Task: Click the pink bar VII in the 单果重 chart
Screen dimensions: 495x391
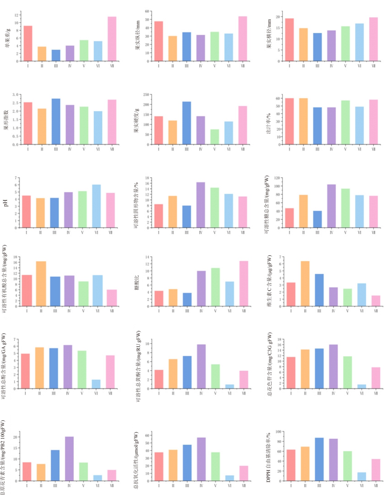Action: [x=112, y=39]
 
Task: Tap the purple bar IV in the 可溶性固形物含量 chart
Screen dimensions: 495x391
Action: [x=201, y=205]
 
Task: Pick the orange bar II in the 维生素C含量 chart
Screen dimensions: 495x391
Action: [x=305, y=284]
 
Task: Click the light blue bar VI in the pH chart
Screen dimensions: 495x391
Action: [x=96, y=206]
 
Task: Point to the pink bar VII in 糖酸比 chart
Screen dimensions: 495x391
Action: [x=244, y=284]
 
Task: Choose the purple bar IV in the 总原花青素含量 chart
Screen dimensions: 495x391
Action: [x=69, y=459]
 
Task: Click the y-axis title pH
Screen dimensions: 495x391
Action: [x=5, y=203]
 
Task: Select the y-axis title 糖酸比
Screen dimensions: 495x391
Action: [x=137, y=282]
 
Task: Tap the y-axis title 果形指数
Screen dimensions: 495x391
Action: [x=6, y=120]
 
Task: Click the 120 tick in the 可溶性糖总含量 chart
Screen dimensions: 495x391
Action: [x=277, y=178]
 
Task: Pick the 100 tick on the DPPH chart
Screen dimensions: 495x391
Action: [x=278, y=432]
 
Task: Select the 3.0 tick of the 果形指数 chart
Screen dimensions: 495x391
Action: [x=15, y=94]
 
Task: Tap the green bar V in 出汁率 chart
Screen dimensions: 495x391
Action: [x=345, y=122]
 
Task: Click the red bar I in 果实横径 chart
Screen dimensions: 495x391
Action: [x=289, y=40]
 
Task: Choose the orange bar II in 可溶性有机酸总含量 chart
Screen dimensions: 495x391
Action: [x=41, y=284]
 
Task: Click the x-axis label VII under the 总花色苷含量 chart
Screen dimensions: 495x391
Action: [x=376, y=393]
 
